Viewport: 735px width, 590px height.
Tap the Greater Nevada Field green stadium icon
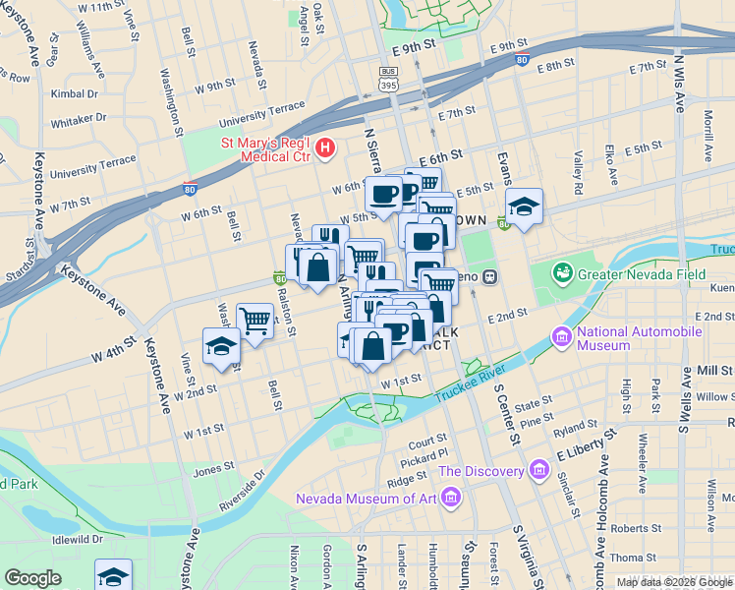pyautogui.click(x=562, y=270)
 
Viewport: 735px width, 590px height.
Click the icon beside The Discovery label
pyautogui.click(x=537, y=471)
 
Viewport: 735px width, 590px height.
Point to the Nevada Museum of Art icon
pyautogui.click(x=451, y=500)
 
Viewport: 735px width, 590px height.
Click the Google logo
pyautogui.click(x=33, y=577)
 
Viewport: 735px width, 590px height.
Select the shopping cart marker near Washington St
pyautogui.click(x=255, y=320)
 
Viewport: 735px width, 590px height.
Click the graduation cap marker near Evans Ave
pyautogui.click(x=525, y=206)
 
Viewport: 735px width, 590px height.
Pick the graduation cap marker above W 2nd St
pyautogui.click(x=221, y=346)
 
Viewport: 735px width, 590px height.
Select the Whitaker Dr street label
pyautogui.click(x=79, y=118)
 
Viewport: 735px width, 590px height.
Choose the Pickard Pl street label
pyautogui.click(x=423, y=454)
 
